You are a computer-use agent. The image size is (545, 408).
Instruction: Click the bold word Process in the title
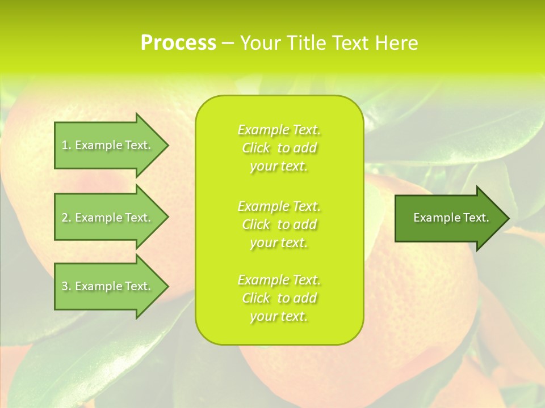178,43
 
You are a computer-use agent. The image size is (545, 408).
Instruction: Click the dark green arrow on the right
448,218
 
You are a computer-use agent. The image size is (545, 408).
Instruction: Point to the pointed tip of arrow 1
167,145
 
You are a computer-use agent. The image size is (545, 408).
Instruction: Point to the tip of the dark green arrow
508,218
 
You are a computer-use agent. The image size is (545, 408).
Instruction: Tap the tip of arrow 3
167,286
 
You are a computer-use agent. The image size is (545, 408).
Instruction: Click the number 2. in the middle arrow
66,218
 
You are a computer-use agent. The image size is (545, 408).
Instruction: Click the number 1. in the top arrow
66,145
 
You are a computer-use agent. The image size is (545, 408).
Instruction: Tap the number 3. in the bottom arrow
66,286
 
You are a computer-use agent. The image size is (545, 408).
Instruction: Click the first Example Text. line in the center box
279,130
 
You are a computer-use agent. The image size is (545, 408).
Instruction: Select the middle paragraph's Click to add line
279,224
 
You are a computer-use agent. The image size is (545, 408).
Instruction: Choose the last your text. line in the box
279,317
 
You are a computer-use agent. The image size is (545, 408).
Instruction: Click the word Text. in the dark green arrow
476,218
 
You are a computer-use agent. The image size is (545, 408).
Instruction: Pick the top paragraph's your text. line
279,167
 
